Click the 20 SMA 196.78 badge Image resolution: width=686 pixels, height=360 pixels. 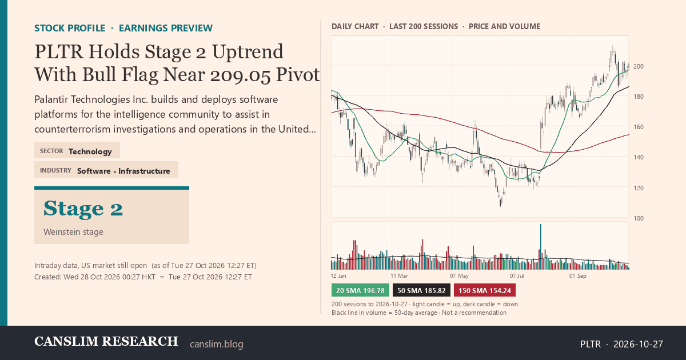tap(360, 290)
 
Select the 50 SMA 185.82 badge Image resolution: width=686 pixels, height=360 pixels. tap(421, 290)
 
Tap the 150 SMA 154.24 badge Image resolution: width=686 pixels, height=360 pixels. tap(485, 290)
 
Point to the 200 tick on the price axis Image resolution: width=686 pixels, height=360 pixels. tap(639, 66)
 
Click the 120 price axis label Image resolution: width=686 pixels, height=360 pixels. tap(639, 188)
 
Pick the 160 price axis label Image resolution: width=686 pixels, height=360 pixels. tap(639, 127)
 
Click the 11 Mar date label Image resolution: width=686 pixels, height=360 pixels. tap(399, 276)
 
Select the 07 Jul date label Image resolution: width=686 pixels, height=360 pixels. tap(517, 276)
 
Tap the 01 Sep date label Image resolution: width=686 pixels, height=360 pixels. tap(577, 276)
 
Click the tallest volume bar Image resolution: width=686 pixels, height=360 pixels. tap(541, 247)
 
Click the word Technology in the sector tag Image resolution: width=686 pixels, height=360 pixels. tap(90, 151)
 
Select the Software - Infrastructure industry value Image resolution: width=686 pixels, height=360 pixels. tap(123, 171)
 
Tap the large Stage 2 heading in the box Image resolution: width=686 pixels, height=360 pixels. tap(83, 209)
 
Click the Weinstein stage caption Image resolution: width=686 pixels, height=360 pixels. tap(73, 232)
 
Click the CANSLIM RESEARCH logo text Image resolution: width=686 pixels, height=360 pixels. tap(106, 341)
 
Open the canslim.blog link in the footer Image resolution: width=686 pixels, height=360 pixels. tap(217, 344)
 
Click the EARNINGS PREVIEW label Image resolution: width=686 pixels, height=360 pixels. tap(166, 28)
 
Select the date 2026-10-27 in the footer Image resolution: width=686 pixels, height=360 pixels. tap(638, 344)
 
